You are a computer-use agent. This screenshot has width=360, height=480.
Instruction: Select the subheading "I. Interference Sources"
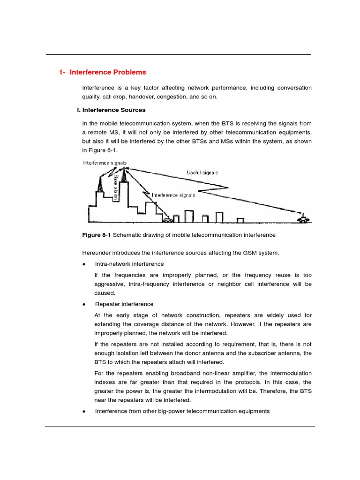coord(114,110)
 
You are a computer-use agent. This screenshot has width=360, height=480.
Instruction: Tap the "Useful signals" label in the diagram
coord(202,172)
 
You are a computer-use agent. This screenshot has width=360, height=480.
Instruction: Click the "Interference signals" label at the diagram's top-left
coord(105,163)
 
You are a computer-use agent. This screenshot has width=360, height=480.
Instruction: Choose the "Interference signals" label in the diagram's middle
coord(173,195)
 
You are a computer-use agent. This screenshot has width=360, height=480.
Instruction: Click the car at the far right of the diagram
coord(304,219)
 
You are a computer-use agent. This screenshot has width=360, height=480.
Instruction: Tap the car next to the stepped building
coord(167,219)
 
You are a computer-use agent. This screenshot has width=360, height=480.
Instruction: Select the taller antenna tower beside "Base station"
coord(124,176)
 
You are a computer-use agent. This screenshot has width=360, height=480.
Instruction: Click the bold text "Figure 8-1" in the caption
coord(97,235)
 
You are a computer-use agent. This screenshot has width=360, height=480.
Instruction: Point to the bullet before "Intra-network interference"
coord(84,264)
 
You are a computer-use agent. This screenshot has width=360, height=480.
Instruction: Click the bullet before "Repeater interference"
coord(84,305)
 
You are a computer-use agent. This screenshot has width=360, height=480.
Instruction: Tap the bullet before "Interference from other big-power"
coord(84,412)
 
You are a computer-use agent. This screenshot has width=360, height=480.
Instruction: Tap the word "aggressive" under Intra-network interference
coord(110,284)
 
